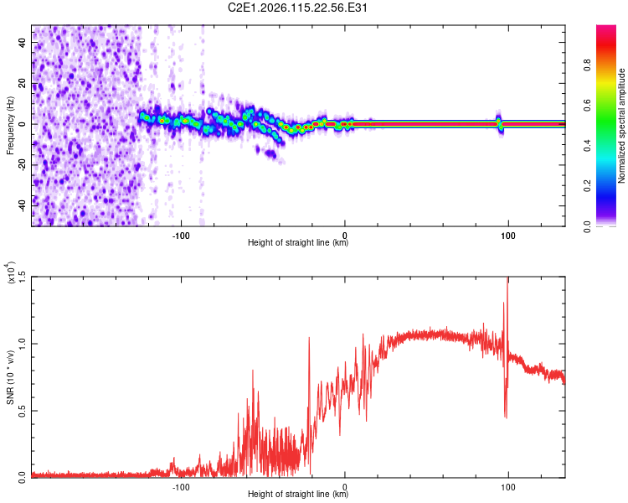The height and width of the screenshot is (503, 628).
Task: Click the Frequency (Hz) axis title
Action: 10,125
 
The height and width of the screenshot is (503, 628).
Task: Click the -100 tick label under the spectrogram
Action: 181,236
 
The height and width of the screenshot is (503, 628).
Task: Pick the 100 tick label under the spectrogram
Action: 508,236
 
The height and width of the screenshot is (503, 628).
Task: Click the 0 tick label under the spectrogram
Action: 345,236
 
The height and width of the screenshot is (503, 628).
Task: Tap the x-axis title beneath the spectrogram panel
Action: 298,244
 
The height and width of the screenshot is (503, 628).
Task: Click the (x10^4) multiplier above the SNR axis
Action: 10,273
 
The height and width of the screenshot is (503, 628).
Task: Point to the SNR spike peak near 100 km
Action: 507,280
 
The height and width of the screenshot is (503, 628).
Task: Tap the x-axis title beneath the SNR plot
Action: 298,495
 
